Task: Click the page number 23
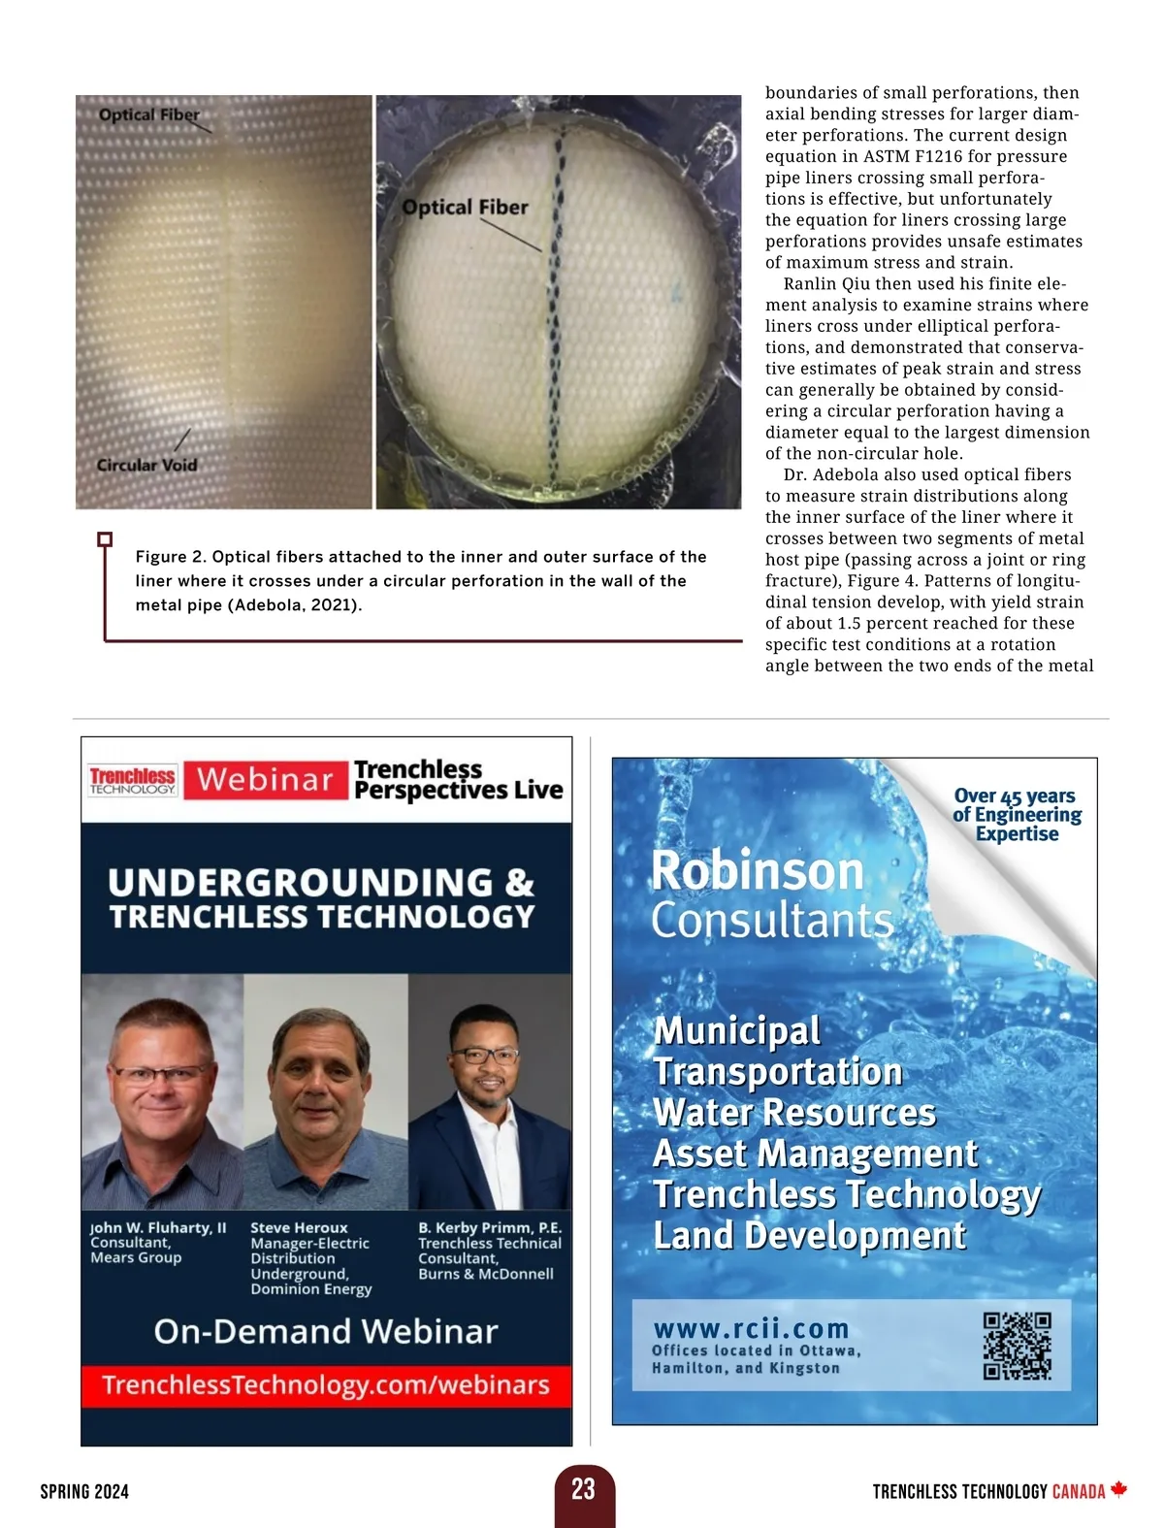click(x=583, y=1489)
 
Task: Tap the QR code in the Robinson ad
click(x=1017, y=1346)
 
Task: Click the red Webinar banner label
click(x=265, y=779)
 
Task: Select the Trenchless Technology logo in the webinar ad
click(x=132, y=780)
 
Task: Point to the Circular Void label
click(x=146, y=465)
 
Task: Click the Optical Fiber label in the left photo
click(x=148, y=114)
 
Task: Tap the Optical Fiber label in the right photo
click(x=465, y=207)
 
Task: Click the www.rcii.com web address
click(x=751, y=1328)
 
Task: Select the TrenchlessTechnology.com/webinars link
click(x=326, y=1384)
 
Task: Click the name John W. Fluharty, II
click(x=158, y=1227)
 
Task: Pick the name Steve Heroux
click(x=299, y=1227)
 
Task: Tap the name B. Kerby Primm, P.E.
click(x=490, y=1227)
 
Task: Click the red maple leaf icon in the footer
click(x=1118, y=1489)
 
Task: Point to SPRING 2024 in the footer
click(x=84, y=1491)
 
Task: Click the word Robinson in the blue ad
click(x=757, y=870)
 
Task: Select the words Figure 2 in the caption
click(x=171, y=557)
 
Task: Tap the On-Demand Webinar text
click(x=326, y=1331)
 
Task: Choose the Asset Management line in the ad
click(x=815, y=1154)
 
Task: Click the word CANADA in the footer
click(x=1079, y=1491)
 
